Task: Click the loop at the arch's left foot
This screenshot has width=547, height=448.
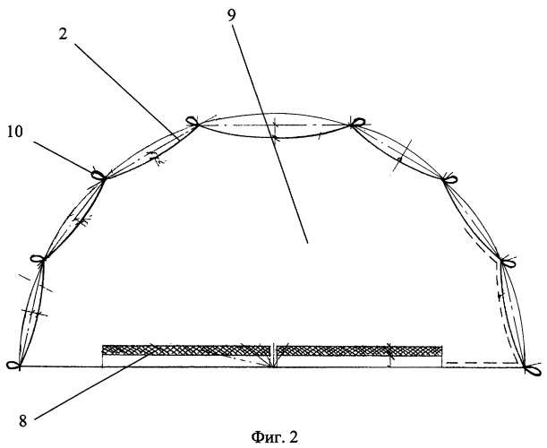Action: coord(13,365)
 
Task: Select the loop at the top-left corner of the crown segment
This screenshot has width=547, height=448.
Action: coord(191,121)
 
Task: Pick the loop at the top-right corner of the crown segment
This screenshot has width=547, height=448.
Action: coord(358,122)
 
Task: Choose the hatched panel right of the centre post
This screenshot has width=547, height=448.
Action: coord(358,349)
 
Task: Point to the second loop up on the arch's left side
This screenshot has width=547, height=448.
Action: coord(38,259)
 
